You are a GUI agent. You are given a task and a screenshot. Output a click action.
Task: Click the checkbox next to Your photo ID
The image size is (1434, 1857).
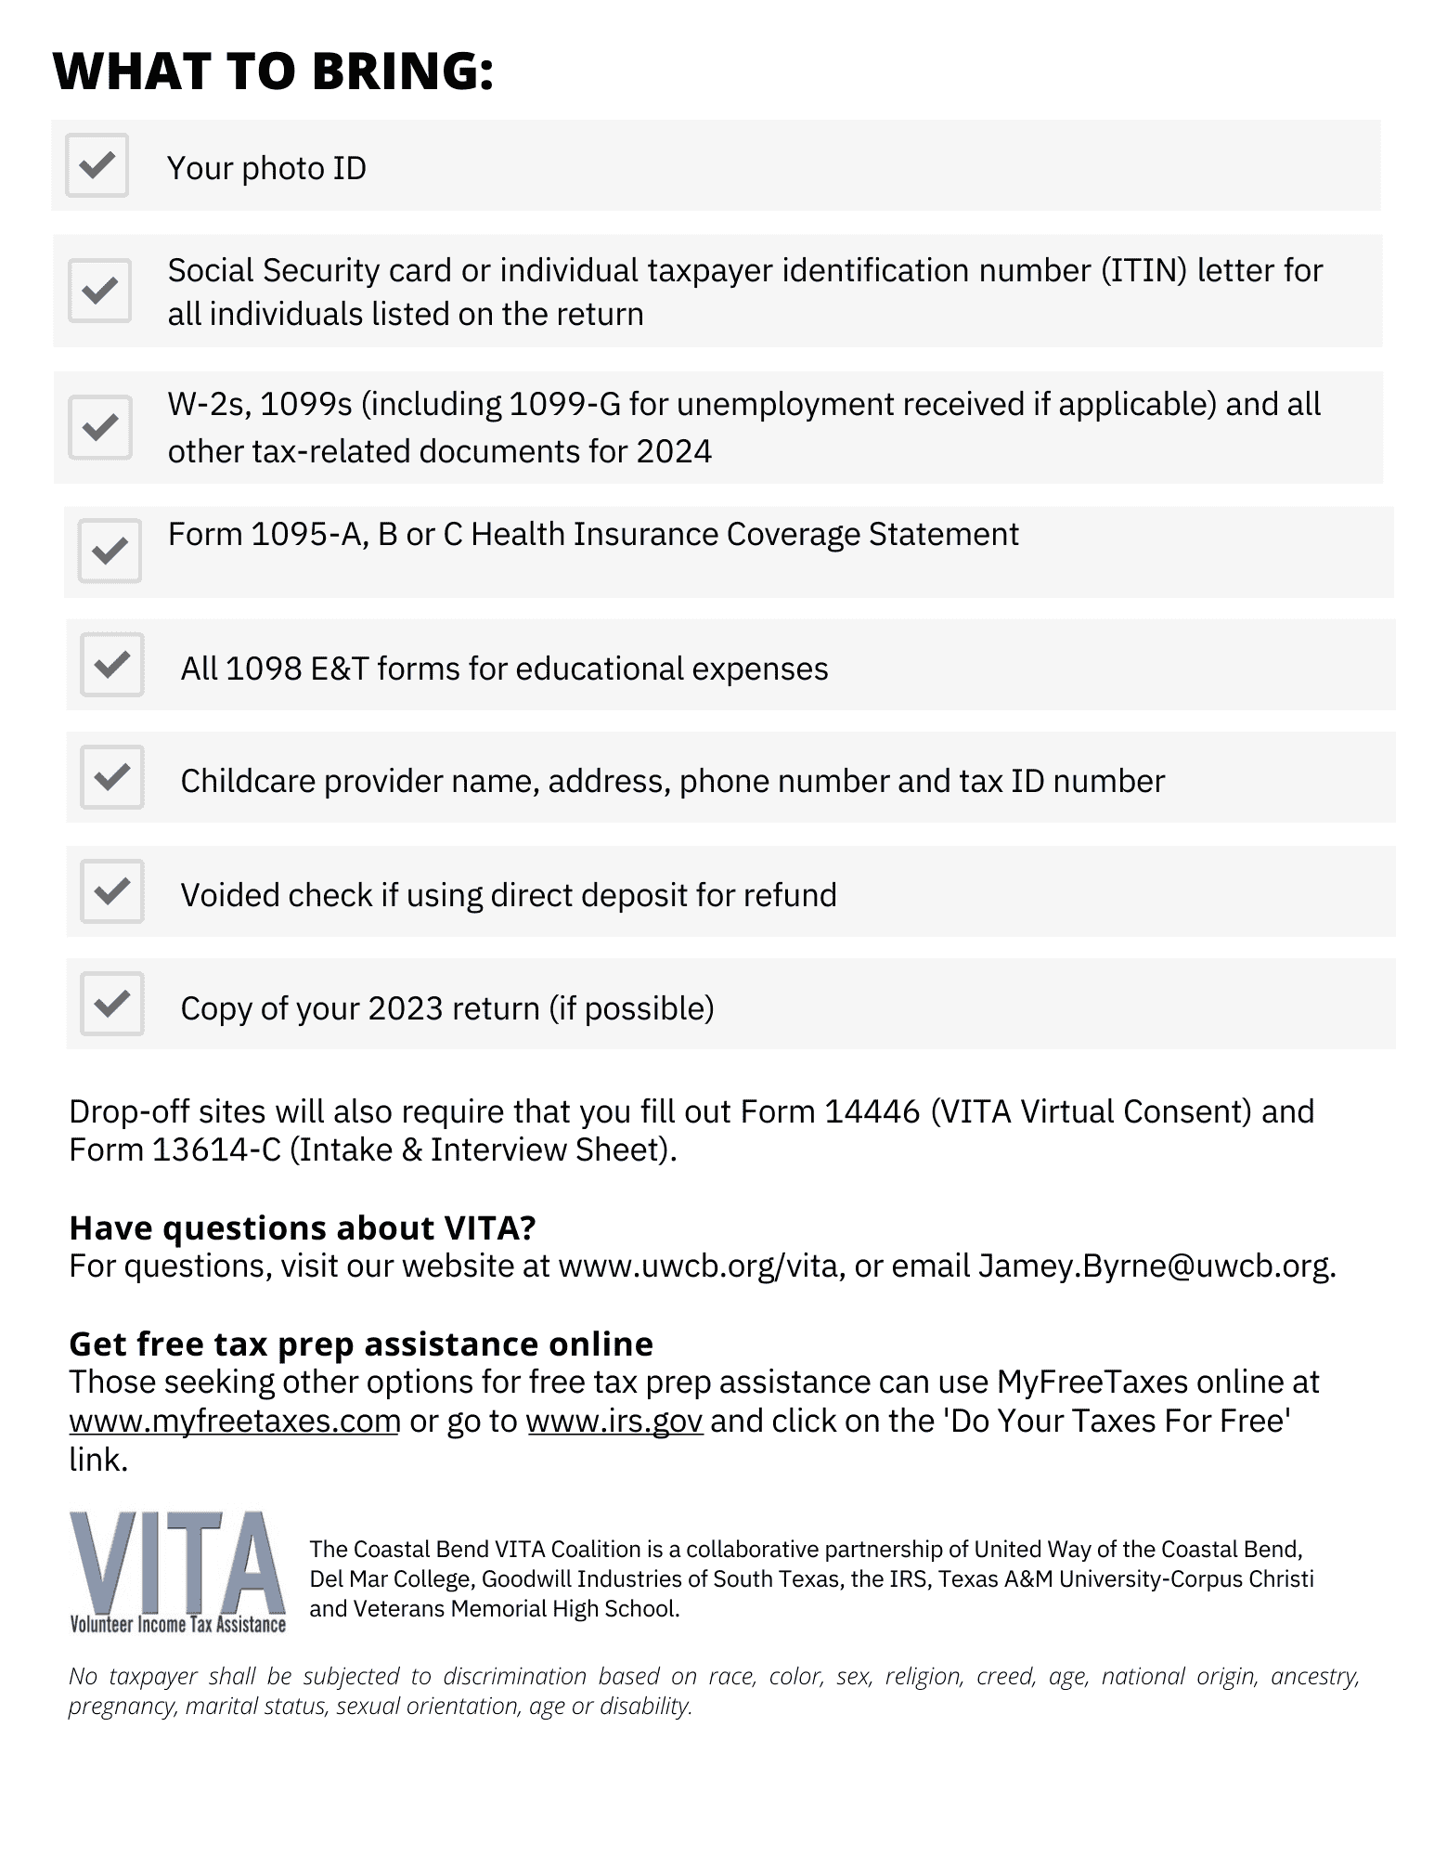click(97, 165)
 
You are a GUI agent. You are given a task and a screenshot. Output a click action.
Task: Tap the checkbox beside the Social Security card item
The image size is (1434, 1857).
click(99, 291)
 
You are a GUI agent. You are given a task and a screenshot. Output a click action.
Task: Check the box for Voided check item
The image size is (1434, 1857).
click(112, 891)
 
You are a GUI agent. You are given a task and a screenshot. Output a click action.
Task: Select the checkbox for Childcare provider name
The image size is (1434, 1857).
click(112, 777)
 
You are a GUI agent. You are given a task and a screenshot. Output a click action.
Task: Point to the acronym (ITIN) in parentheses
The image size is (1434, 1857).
click(1143, 271)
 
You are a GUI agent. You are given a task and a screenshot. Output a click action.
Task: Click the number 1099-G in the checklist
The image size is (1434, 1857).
click(563, 405)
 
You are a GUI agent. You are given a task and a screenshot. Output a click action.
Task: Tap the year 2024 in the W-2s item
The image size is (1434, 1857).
click(674, 452)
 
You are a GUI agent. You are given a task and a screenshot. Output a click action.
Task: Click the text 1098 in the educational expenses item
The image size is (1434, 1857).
click(264, 669)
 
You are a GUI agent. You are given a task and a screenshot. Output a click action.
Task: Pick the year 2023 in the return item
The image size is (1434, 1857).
click(406, 1009)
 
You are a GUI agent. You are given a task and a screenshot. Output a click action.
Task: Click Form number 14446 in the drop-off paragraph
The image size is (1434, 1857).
click(872, 1112)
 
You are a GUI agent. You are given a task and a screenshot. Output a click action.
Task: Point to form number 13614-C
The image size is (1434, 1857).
click(216, 1150)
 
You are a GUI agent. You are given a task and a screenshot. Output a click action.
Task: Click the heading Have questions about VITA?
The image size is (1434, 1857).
click(303, 1228)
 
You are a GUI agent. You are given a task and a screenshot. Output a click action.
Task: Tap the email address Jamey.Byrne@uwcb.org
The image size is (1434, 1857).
click(1156, 1266)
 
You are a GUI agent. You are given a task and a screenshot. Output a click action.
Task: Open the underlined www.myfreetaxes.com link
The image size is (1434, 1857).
click(234, 1422)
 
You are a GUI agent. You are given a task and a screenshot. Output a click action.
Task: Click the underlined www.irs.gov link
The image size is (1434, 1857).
click(614, 1422)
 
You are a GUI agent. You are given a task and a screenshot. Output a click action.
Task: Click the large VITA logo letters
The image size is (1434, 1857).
click(176, 1564)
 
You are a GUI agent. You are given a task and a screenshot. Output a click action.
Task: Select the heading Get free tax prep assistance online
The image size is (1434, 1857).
click(361, 1344)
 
